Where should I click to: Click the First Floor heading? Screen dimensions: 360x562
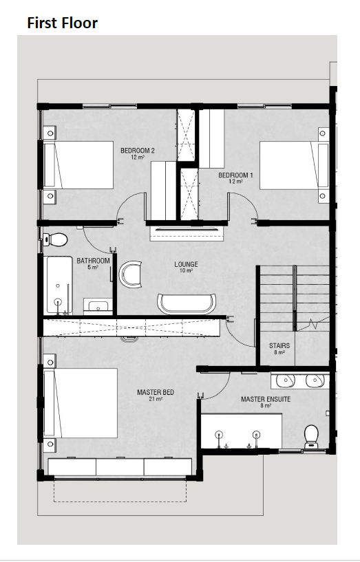click(x=63, y=23)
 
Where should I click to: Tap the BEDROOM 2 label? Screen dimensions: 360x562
click(x=138, y=151)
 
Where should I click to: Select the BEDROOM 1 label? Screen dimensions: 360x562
click(x=235, y=175)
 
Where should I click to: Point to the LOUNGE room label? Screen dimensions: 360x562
click(x=186, y=265)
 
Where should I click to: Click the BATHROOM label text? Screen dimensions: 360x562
click(x=93, y=261)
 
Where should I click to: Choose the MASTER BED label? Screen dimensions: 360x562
click(x=156, y=393)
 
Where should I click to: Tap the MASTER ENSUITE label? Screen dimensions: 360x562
click(x=266, y=399)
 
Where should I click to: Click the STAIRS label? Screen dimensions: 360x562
click(x=279, y=346)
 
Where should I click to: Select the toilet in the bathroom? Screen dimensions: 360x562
click(x=55, y=239)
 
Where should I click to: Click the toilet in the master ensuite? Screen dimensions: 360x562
click(x=311, y=436)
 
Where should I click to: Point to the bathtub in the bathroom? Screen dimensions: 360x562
click(x=58, y=285)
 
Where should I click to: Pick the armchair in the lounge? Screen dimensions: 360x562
click(x=130, y=274)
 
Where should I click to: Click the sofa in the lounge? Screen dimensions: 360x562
click(x=187, y=304)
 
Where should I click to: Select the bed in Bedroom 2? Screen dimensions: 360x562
click(x=78, y=165)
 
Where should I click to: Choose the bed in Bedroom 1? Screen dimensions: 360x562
click(x=294, y=165)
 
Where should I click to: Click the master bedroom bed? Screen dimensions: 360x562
click(x=81, y=403)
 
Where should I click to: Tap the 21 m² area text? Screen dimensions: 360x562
click(x=156, y=398)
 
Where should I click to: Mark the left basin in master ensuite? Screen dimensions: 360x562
click(x=286, y=381)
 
